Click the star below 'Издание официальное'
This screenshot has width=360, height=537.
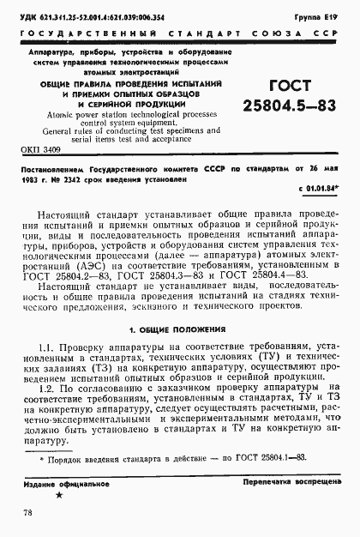58,496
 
